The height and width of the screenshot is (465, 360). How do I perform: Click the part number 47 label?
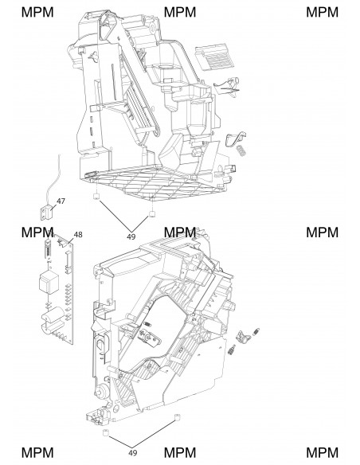pyautogui.click(x=61, y=201)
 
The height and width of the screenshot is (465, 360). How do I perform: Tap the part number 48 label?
pyautogui.click(x=78, y=235)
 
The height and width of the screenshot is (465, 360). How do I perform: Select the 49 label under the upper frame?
pyautogui.click(x=131, y=236)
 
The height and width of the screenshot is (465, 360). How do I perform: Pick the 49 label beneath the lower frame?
pyautogui.click(x=133, y=453)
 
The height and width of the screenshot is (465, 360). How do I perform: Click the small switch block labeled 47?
pyautogui.click(x=46, y=213)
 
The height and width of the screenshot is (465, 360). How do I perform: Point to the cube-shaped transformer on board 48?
pyautogui.click(x=49, y=283)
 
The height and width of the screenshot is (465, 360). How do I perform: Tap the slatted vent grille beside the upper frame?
pyautogui.click(x=216, y=57)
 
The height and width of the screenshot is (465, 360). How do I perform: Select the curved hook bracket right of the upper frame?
pyautogui.click(x=236, y=139)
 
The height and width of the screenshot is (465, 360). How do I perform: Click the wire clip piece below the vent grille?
pyautogui.click(x=228, y=86)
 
